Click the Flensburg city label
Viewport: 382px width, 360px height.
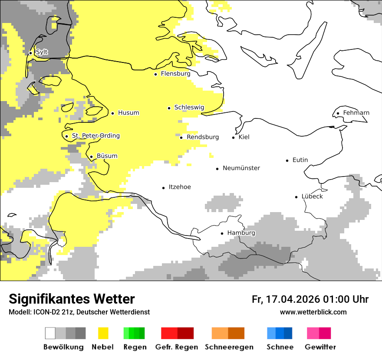175,74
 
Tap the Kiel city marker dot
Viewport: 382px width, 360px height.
234,137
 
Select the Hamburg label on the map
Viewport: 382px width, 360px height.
241,233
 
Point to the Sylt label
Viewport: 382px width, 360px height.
42,52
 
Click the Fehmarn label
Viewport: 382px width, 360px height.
356,113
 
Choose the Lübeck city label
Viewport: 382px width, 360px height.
312,196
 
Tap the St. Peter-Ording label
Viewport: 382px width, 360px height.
95,136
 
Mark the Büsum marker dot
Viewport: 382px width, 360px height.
91,157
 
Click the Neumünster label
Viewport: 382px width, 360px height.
241,168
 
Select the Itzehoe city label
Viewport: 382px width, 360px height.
180,187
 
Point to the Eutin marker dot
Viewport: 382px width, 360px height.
287,160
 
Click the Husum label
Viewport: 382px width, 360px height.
128,113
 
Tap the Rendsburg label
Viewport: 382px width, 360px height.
202,137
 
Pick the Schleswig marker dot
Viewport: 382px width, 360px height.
169,108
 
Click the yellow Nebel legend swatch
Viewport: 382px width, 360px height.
103,333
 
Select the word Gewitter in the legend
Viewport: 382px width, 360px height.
320,347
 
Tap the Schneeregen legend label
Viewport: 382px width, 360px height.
229,347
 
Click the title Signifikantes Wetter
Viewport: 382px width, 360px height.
72,299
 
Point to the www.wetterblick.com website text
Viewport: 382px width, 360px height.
313,312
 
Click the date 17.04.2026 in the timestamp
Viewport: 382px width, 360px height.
292,299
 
